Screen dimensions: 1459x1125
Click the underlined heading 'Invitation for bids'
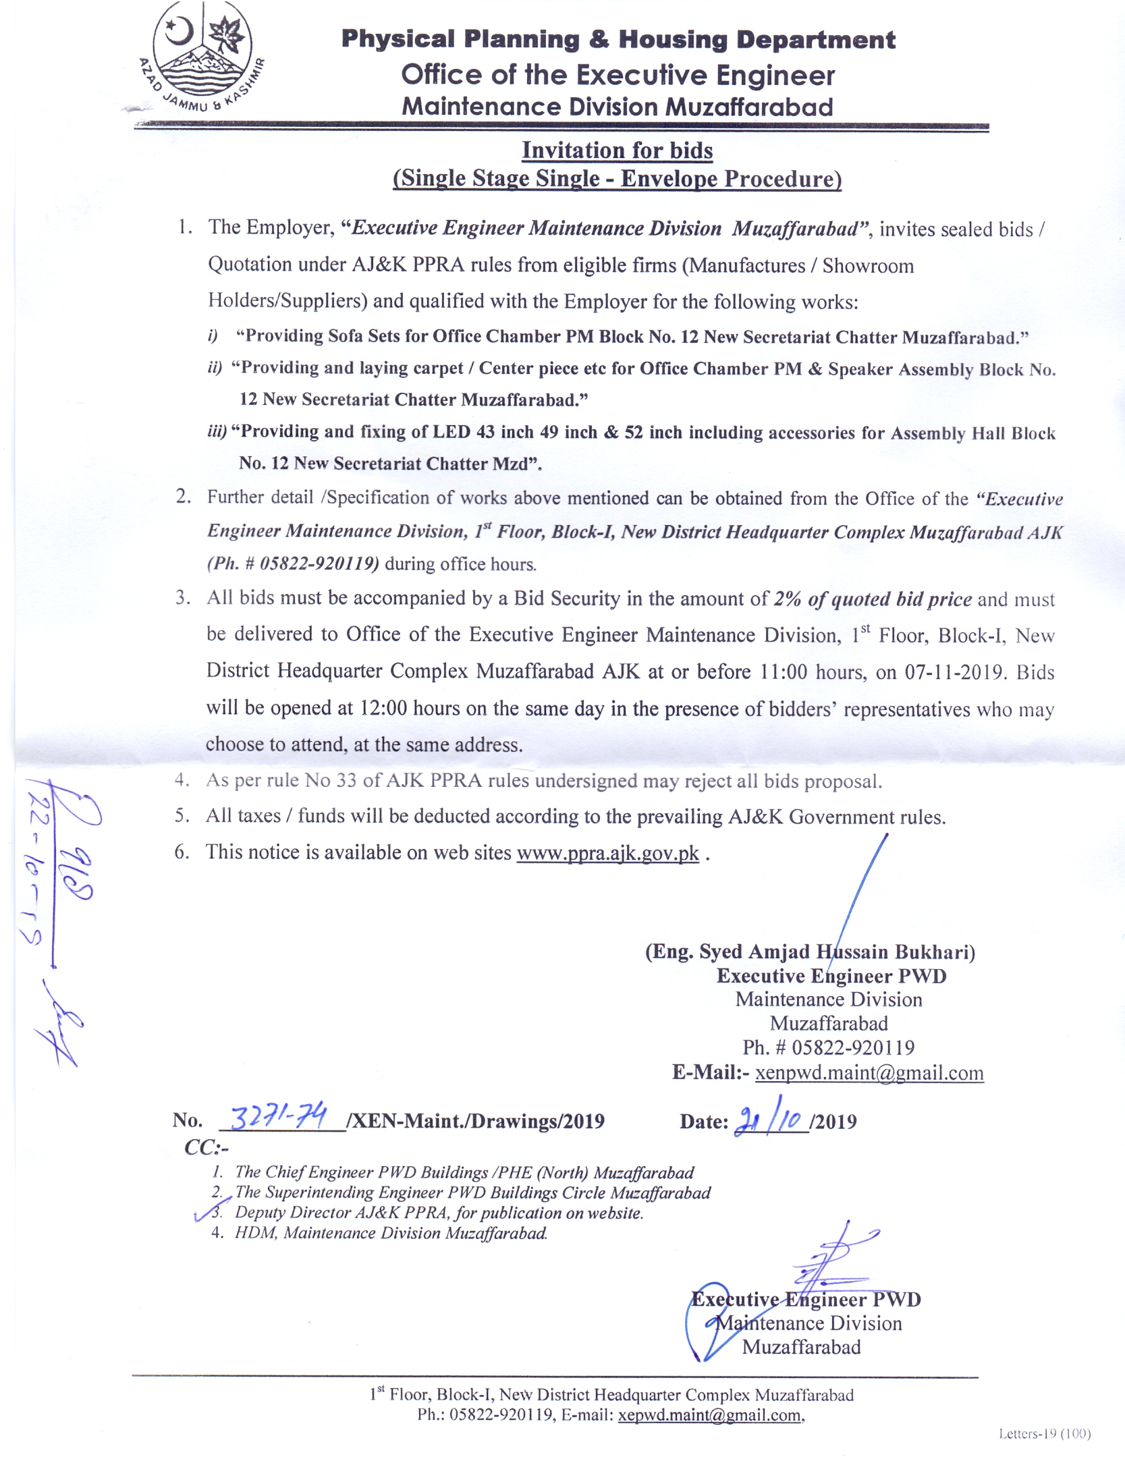pos(617,150)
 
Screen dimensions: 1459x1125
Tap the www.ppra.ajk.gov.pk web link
pos(607,853)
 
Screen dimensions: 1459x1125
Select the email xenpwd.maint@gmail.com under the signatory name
pos(869,1072)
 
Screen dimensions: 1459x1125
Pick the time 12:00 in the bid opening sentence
pos(383,708)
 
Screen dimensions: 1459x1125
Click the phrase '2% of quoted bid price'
pos(873,599)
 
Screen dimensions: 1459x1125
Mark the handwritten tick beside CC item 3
pos(206,1213)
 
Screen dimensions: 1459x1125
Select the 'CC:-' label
pos(207,1147)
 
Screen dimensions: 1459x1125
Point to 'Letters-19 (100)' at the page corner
pos(1044,1433)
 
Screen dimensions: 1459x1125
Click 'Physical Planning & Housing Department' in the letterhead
pos(618,39)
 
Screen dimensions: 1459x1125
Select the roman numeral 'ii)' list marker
pos(215,368)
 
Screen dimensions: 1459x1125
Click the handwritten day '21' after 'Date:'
pos(746,1121)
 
